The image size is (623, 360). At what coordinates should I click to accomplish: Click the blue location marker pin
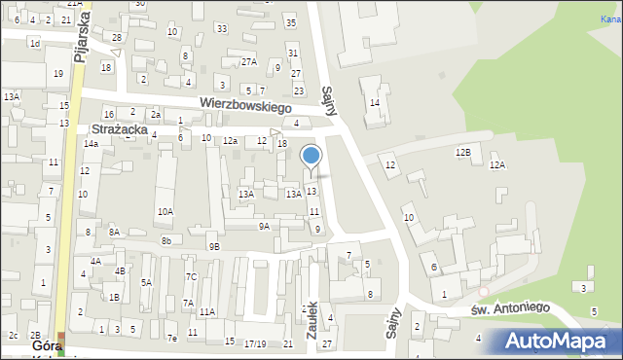coord(311,156)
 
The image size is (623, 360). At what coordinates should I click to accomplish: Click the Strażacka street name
coord(119,128)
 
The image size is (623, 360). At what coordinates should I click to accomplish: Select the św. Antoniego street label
coord(511,307)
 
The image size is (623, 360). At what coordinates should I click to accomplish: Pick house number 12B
coord(462,153)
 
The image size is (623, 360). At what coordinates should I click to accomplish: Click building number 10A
coord(165,211)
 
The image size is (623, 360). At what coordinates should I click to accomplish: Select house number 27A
coord(249,62)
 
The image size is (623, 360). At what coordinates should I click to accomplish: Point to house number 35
coord(290,22)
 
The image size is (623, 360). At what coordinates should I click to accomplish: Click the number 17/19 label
coord(255,343)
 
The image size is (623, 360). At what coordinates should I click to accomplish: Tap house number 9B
coord(214,247)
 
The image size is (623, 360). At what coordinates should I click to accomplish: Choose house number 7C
coord(192,277)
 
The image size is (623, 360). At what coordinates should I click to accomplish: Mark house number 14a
coord(91,144)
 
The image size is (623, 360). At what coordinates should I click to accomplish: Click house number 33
coord(222,29)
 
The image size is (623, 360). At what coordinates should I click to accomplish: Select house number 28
coord(117,38)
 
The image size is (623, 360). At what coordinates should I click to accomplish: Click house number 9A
coord(264,226)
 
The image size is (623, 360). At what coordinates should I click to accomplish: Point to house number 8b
coord(166,240)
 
